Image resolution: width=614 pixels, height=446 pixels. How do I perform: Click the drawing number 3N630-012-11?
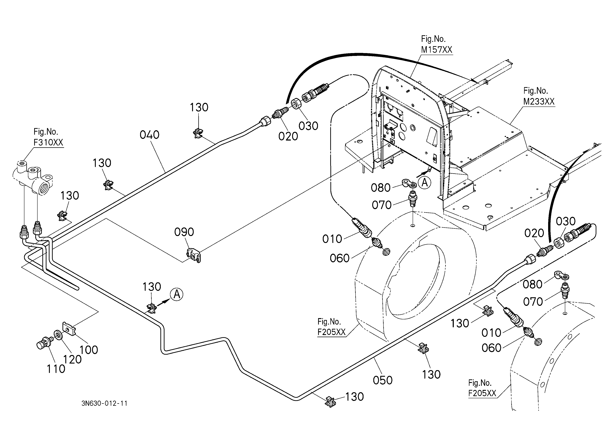104,403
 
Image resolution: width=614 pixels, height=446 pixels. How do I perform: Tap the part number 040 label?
149,135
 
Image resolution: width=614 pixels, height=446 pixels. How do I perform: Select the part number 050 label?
383,380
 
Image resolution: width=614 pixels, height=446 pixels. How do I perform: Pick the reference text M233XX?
539,102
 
